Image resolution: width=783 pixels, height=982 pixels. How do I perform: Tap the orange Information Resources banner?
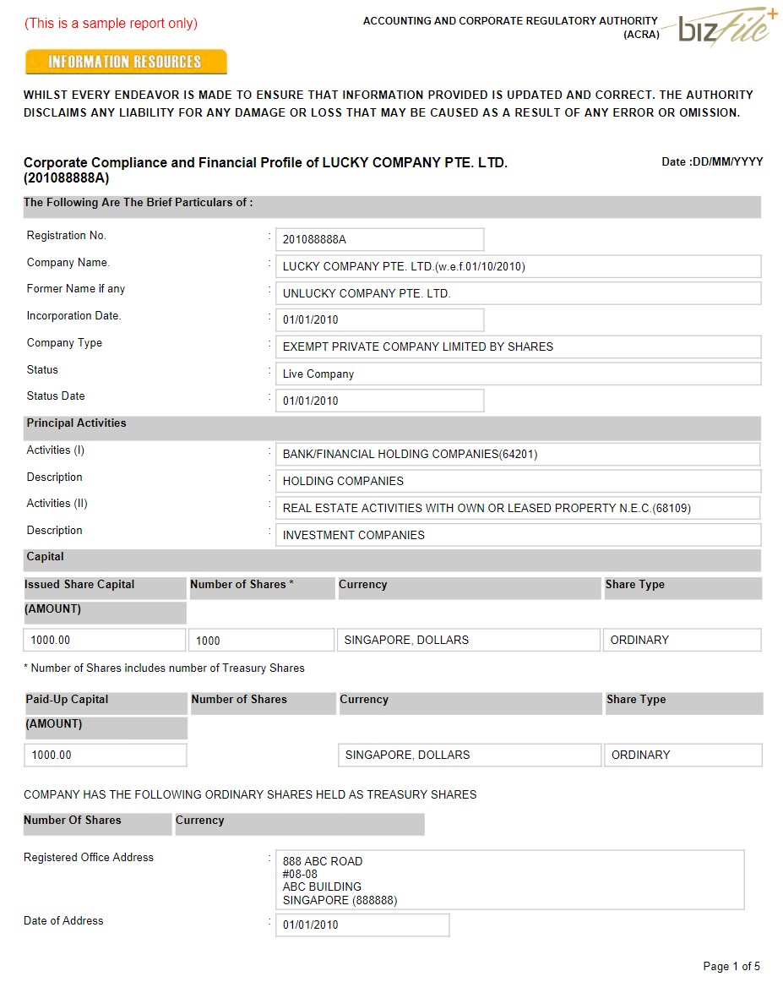tap(126, 62)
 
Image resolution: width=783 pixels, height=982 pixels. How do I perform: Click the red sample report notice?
tap(111, 24)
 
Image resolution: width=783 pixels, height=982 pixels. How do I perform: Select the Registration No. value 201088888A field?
tap(379, 239)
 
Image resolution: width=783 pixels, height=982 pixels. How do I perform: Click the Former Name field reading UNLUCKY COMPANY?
tap(518, 293)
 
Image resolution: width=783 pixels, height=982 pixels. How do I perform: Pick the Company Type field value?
tap(518, 346)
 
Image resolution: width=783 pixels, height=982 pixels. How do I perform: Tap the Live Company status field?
tap(518, 374)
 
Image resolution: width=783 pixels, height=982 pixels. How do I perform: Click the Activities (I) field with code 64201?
tap(518, 454)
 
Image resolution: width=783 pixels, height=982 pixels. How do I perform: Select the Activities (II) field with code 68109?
tap(518, 508)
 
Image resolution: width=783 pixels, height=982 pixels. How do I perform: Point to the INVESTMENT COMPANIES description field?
tap(518, 535)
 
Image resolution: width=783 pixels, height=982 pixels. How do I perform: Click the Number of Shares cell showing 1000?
tap(261, 641)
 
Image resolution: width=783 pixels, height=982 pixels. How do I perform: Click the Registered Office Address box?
tap(509, 880)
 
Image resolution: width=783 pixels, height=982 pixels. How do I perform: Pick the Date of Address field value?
tap(362, 925)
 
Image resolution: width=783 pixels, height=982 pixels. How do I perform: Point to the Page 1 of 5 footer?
tap(731, 966)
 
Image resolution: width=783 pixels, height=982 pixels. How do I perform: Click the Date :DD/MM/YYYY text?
tap(712, 161)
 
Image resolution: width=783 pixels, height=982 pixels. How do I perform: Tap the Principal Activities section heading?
tap(76, 423)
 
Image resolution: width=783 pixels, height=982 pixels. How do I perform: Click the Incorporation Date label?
tap(74, 316)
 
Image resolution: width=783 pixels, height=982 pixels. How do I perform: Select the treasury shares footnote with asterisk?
tap(164, 668)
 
